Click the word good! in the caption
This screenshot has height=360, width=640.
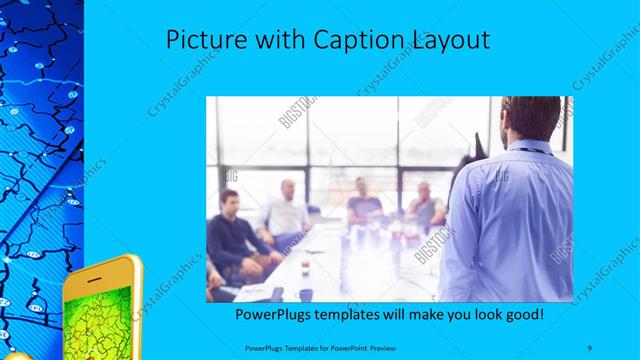point(524,315)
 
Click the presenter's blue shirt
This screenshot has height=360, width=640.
point(506,220)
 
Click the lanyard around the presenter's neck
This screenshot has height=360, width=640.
point(535,150)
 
